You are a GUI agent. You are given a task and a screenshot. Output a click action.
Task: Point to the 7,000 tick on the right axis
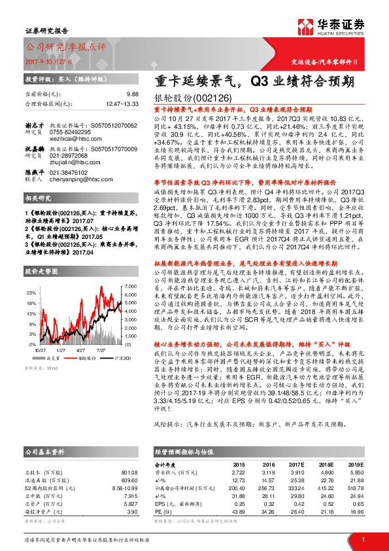coord(129,287)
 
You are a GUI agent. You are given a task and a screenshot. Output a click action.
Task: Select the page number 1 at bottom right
coord(363,539)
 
